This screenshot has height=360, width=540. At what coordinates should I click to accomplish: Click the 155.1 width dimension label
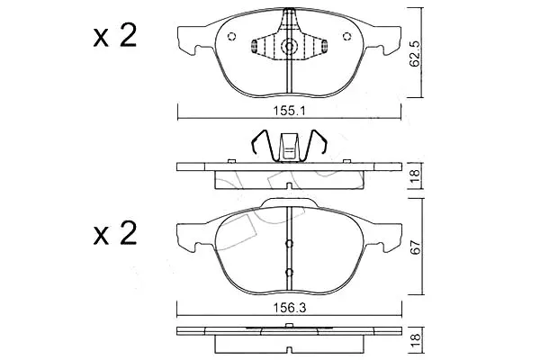[290, 111]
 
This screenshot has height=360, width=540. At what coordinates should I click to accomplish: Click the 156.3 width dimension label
[290, 308]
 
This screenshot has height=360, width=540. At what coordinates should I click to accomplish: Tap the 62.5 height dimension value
[415, 53]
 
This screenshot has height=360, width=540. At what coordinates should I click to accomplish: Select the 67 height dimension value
[416, 247]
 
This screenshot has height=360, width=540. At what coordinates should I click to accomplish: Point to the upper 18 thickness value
[415, 176]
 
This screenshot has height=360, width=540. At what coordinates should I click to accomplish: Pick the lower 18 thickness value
[416, 340]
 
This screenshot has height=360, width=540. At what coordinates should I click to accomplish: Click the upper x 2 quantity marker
[115, 35]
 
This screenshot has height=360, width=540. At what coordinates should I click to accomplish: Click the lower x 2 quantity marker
[115, 233]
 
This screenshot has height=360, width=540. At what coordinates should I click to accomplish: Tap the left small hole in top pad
[232, 36]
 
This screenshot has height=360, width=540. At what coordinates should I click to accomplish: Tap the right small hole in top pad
[346, 36]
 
